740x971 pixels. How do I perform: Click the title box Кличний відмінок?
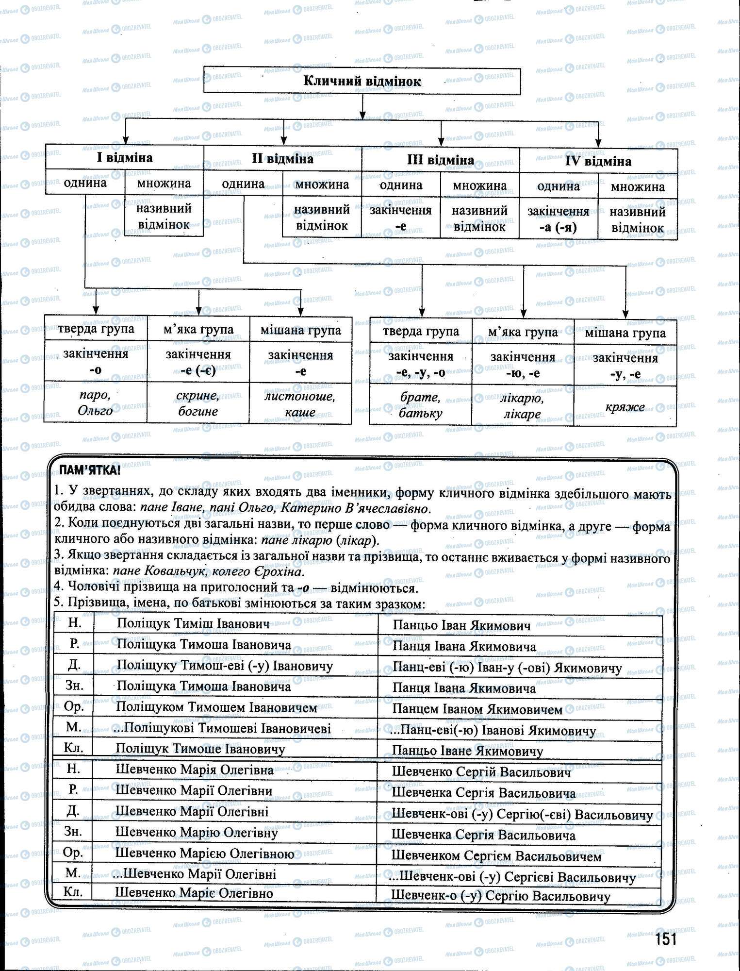[x=362, y=81]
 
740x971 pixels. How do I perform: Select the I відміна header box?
[x=125, y=158]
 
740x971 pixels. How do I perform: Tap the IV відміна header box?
[x=598, y=161]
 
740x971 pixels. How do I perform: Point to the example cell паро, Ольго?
[x=96, y=403]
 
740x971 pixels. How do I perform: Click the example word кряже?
[x=625, y=407]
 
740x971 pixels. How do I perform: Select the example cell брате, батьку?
[x=421, y=405]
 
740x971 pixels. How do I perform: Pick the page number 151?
[x=666, y=939]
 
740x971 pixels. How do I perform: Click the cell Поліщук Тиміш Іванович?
[x=193, y=624]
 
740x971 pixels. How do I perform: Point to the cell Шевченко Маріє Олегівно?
[x=194, y=893]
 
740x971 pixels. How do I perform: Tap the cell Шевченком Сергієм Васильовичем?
[x=496, y=856]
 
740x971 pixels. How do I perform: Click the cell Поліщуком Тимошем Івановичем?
[x=216, y=707]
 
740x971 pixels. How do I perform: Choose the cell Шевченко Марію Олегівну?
[x=197, y=833]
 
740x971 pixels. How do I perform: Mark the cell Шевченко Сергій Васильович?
[x=481, y=772]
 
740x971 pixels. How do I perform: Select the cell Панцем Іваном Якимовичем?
[x=477, y=710]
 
